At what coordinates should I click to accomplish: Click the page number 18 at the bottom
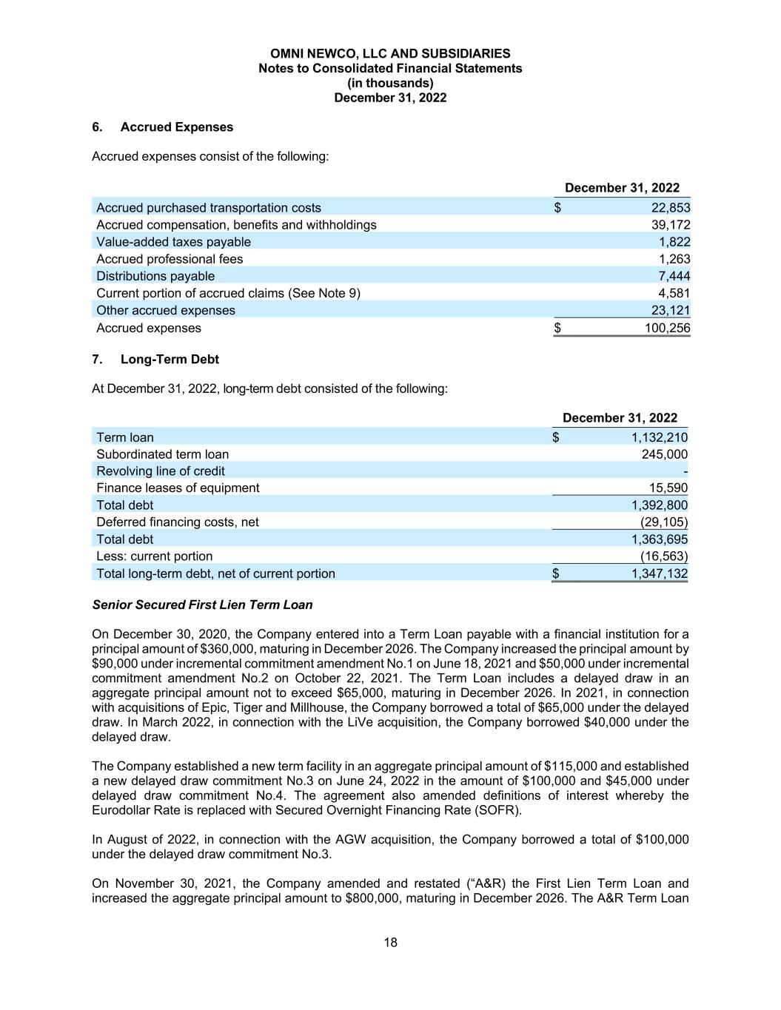coord(390,942)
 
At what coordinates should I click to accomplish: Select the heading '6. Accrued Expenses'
coord(162,127)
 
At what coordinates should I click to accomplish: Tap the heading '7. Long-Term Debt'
coord(155,360)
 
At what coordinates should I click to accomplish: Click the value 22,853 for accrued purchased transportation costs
coord(665,208)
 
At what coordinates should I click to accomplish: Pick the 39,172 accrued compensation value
coord(665,225)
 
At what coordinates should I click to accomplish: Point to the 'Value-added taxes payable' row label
coord(173,242)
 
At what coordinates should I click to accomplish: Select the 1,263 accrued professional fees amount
coord(674,259)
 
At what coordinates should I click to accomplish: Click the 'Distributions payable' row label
coord(155,276)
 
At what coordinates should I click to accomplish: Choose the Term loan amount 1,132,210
coord(659,437)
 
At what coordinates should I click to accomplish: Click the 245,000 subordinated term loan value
coord(664,454)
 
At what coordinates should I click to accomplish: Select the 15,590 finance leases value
coord(668,488)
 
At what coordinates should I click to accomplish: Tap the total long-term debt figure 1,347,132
coord(659,573)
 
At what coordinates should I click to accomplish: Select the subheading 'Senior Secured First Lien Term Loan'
coord(202,605)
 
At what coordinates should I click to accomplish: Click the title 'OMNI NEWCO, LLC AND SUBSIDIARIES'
coord(390,54)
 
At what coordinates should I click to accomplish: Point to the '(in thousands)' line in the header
coord(390,83)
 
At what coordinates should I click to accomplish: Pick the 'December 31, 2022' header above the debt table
coord(620,418)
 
